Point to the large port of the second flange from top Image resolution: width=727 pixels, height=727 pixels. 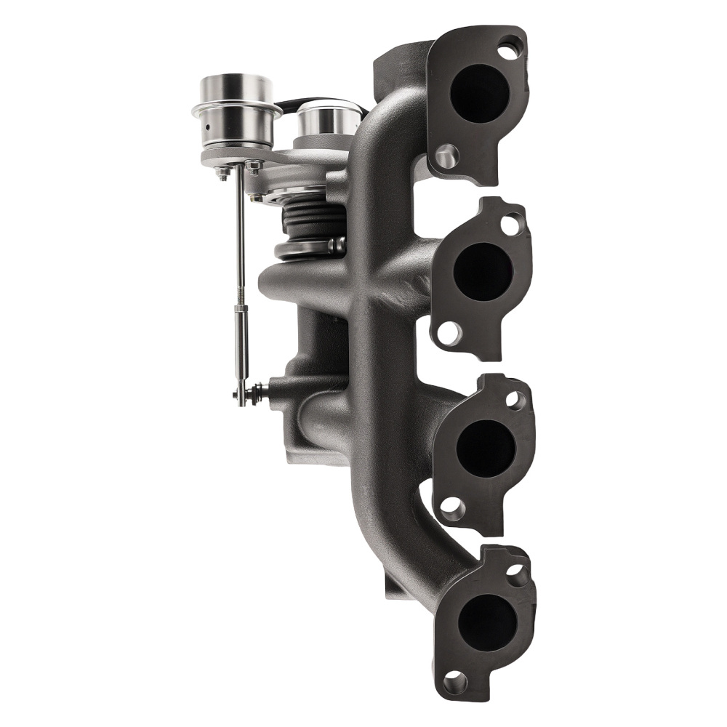point(482,270)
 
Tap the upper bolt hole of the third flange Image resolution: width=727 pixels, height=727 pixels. point(515,399)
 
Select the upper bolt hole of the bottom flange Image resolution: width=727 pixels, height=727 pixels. point(516,576)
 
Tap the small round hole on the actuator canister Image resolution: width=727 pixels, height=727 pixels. point(209,127)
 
